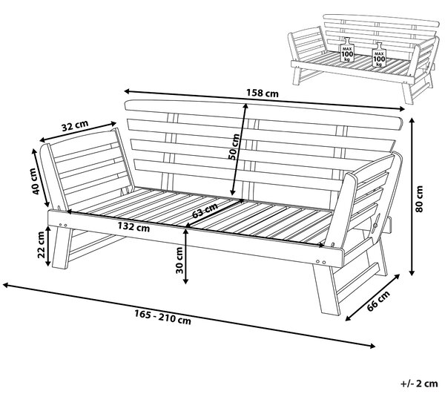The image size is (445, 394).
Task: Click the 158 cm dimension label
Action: [x=263, y=93]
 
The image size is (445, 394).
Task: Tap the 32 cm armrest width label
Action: [x=75, y=125]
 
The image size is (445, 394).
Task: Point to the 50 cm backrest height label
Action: [x=234, y=147]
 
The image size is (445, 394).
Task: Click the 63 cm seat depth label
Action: [x=205, y=210]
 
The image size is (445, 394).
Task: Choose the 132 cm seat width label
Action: [x=133, y=227]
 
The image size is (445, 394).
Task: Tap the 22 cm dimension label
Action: [x=41, y=245]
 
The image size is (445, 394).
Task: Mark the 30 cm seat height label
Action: [x=179, y=260]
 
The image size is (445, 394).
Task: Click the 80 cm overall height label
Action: [x=419, y=199]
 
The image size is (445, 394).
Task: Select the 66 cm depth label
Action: [x=378, y=301]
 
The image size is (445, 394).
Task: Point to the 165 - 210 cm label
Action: [x=162, y=318]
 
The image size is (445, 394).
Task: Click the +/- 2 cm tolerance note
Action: [x=419, y=384]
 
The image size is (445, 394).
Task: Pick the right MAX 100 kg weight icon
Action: [x=379, y=55]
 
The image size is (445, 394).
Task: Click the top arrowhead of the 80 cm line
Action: [x=412, y=122]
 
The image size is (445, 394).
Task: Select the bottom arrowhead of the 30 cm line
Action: [x=185, y=280]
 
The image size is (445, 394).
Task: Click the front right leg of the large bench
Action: [x=326, y=289]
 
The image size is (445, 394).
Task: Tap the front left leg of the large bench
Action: [x=62, y=248]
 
